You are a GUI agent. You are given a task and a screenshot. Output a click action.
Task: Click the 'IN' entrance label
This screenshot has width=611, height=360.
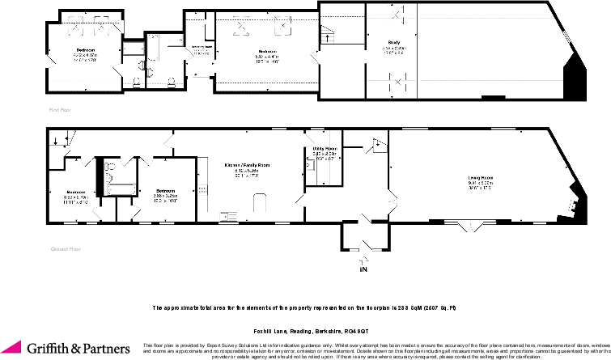tap(363, 269)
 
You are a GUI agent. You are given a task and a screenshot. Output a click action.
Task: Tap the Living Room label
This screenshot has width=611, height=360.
tap(481, 177)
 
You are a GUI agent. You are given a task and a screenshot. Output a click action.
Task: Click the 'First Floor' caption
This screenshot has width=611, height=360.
tap(58, 107)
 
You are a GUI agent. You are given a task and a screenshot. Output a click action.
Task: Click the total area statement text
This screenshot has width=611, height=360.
tap(305, 308)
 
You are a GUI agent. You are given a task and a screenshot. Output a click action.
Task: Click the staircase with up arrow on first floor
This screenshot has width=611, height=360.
tap(329, 35)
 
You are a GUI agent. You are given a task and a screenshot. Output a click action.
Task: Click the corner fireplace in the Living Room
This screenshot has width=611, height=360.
tap(574, 203)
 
